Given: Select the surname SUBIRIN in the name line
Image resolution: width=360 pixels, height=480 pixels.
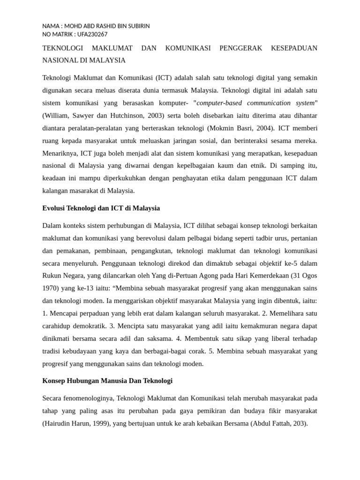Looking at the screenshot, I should click(136, 26).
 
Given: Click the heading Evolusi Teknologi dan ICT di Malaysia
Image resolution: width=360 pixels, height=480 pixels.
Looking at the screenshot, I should click(101, 208).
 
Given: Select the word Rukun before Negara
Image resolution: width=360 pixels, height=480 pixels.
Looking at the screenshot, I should click(52, 276).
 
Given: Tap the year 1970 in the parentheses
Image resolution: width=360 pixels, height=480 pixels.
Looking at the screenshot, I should click(50, 288).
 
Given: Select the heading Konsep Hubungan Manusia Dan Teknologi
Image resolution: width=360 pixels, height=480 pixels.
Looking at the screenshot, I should click(107, 381).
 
